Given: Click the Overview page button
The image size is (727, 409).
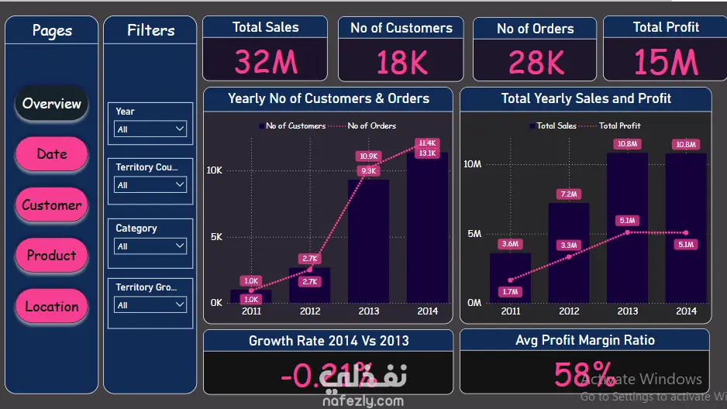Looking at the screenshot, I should click(51, 104).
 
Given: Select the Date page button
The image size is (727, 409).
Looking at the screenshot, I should click(51, 154).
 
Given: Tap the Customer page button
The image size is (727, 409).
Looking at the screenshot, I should click(51, 205).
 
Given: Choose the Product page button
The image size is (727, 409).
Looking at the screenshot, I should click(51, 256).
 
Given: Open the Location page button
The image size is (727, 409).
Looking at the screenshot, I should click(51, 307).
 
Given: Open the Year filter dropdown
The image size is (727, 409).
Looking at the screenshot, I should click(150, 129).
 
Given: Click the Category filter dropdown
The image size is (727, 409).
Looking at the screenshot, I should click(150, 246).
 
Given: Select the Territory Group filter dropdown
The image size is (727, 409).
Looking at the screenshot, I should click(150, 305).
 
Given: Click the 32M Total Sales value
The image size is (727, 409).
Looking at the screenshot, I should click(266, 62).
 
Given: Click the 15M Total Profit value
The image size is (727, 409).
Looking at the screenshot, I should click(666, 62).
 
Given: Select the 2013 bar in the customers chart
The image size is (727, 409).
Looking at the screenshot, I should click(368, 241).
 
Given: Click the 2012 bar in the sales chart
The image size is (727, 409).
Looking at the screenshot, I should click(569, 253).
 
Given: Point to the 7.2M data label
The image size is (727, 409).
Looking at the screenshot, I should click(569, 194).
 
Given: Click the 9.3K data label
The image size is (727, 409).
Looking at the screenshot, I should click(368, 171).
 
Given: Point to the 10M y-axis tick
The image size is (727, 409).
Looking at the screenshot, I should click(472, 164).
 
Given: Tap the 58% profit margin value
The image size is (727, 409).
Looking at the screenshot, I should click(584, 375).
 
